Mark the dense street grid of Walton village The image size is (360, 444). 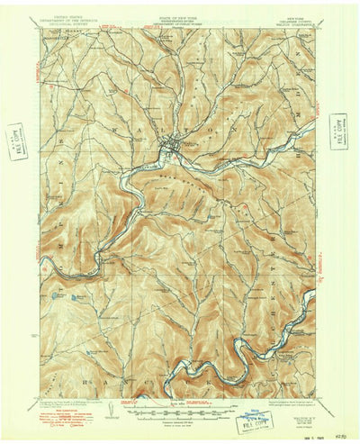(171, 141)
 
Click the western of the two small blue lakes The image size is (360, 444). (59, 294)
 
